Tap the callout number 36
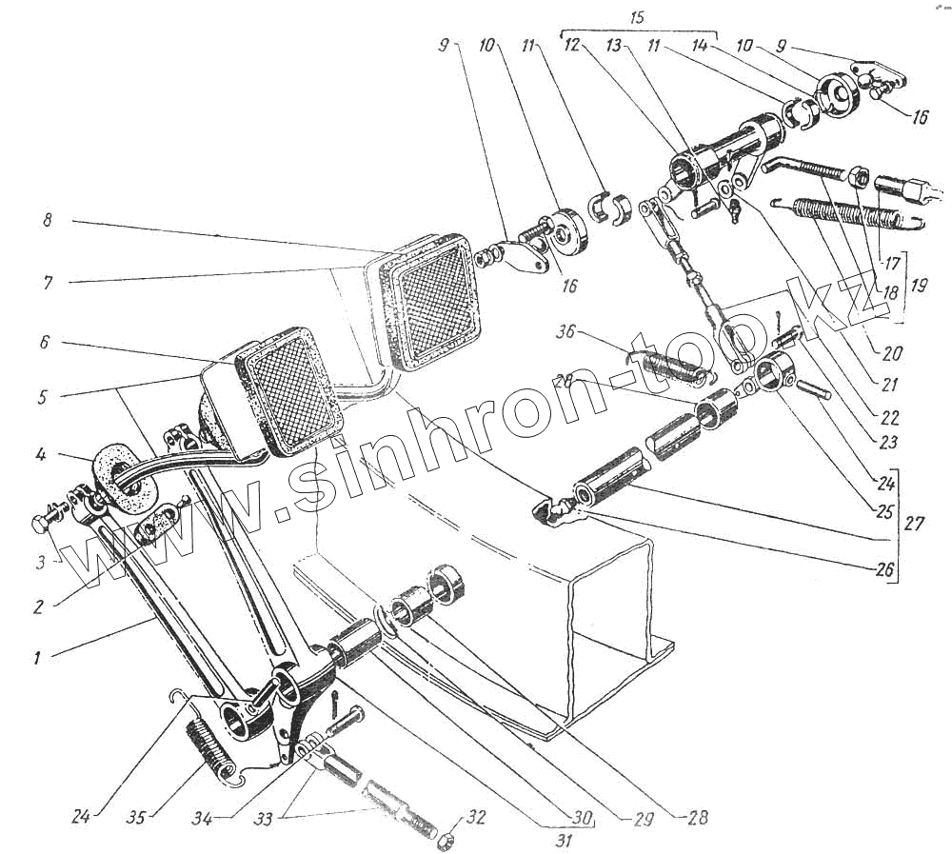click(568, 334)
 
